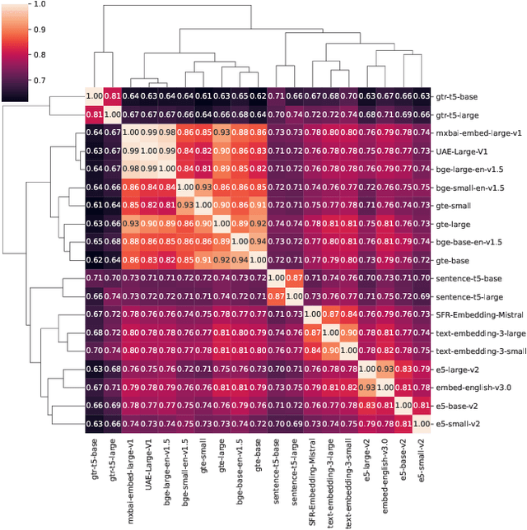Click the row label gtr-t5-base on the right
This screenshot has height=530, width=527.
(459, 96)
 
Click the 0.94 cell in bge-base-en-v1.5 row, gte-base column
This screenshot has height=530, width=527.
(258, 241)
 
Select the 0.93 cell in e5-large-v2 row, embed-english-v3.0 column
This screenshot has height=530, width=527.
(385, 368)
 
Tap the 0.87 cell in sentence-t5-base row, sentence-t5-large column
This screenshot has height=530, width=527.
(295, 277)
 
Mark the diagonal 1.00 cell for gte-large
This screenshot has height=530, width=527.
(222, 223)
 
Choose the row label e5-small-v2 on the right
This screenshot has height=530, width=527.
(459, 422)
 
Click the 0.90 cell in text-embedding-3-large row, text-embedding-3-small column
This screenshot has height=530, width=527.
(349, 332)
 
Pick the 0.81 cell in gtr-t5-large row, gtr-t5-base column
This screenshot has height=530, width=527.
(95, 114)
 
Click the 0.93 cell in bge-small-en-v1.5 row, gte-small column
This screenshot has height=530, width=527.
(203, 187)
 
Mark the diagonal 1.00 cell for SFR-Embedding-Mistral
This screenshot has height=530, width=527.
(313, 314)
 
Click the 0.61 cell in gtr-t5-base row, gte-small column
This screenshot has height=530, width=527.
(203, 96)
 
